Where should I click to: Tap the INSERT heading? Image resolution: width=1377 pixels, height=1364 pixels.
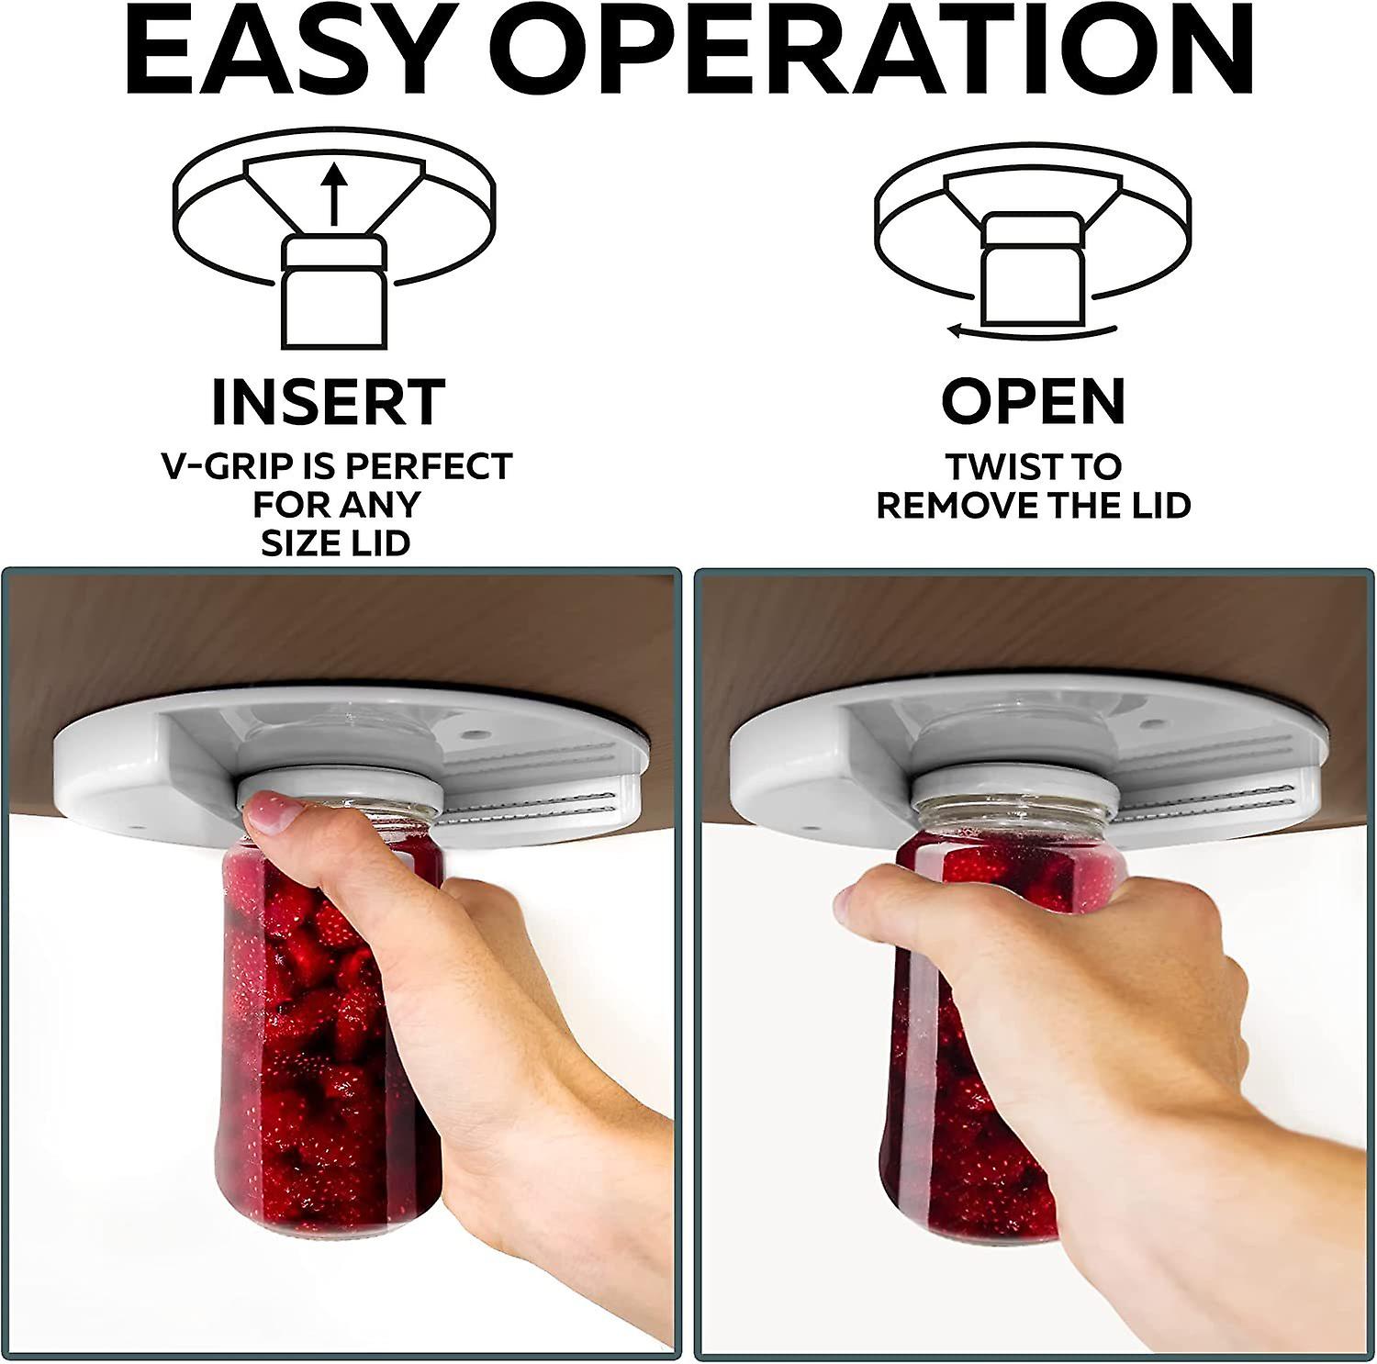[x=329, y=402]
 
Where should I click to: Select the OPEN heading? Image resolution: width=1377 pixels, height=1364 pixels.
[x=1033, y=401]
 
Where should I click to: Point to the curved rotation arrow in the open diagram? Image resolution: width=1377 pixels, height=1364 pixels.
[x=1032, y=330]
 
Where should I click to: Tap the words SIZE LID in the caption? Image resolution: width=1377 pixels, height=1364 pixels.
[x=335, y=543]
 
